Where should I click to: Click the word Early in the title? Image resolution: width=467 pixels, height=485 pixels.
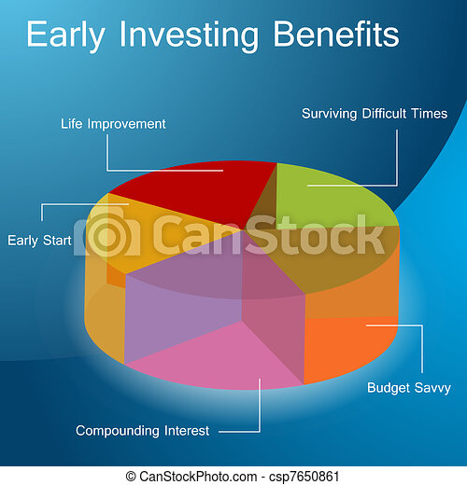click(65, 35)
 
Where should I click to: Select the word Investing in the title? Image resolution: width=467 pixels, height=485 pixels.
click(189, 35)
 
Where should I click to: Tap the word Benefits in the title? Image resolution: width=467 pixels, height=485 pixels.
click(336, 34)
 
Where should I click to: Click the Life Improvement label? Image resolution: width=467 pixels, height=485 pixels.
click(113, 124)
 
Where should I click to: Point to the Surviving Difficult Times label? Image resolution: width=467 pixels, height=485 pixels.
click(375, 114)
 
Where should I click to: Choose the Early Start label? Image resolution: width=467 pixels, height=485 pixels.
click(39, 241)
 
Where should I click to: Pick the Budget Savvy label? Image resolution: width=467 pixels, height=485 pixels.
click(409, 388)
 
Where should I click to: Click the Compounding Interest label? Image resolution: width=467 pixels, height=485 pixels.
click(142, 431)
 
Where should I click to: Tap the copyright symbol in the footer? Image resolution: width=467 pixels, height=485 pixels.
click(131, 477)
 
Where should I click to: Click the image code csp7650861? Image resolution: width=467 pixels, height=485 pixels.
click(304, 477)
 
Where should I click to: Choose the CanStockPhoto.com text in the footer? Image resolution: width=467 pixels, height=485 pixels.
click(198, 477)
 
